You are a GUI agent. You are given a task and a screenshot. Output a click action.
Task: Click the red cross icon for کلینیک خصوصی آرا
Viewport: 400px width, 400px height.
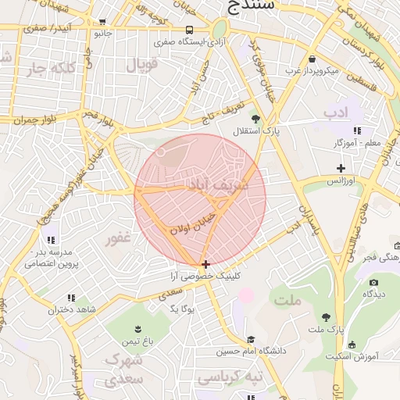pyautogui.click(x=205, y=264)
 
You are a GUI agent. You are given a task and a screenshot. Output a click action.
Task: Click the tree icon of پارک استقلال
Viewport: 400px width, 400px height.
pyautogui.click(x=256, y=118)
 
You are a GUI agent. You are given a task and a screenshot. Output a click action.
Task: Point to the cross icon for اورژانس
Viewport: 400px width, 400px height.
pyautogui.click(x=341, y=168)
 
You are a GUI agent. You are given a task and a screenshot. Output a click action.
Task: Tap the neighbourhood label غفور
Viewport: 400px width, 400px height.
pyautogui.click(x=118, y=238)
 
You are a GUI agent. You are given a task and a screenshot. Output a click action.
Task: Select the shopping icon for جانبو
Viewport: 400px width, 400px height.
pyautogui.click(x=103, y=23)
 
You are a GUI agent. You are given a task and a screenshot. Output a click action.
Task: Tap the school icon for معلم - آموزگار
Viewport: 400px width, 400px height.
pyautogui.click(x=357, y=130)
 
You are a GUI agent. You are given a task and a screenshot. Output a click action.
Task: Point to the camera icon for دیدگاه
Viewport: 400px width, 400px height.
pyautogui.click(x=373, y=282)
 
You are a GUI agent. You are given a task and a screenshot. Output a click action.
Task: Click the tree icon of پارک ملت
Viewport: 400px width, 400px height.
pyautogui.click(x=326, y=317)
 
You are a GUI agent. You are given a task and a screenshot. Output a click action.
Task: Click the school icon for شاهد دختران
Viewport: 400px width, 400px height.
pyautogui.click(x=72, y=298)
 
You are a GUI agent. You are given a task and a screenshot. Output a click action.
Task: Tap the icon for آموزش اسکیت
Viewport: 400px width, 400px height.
pyautogui.click(x=352, y=345)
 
